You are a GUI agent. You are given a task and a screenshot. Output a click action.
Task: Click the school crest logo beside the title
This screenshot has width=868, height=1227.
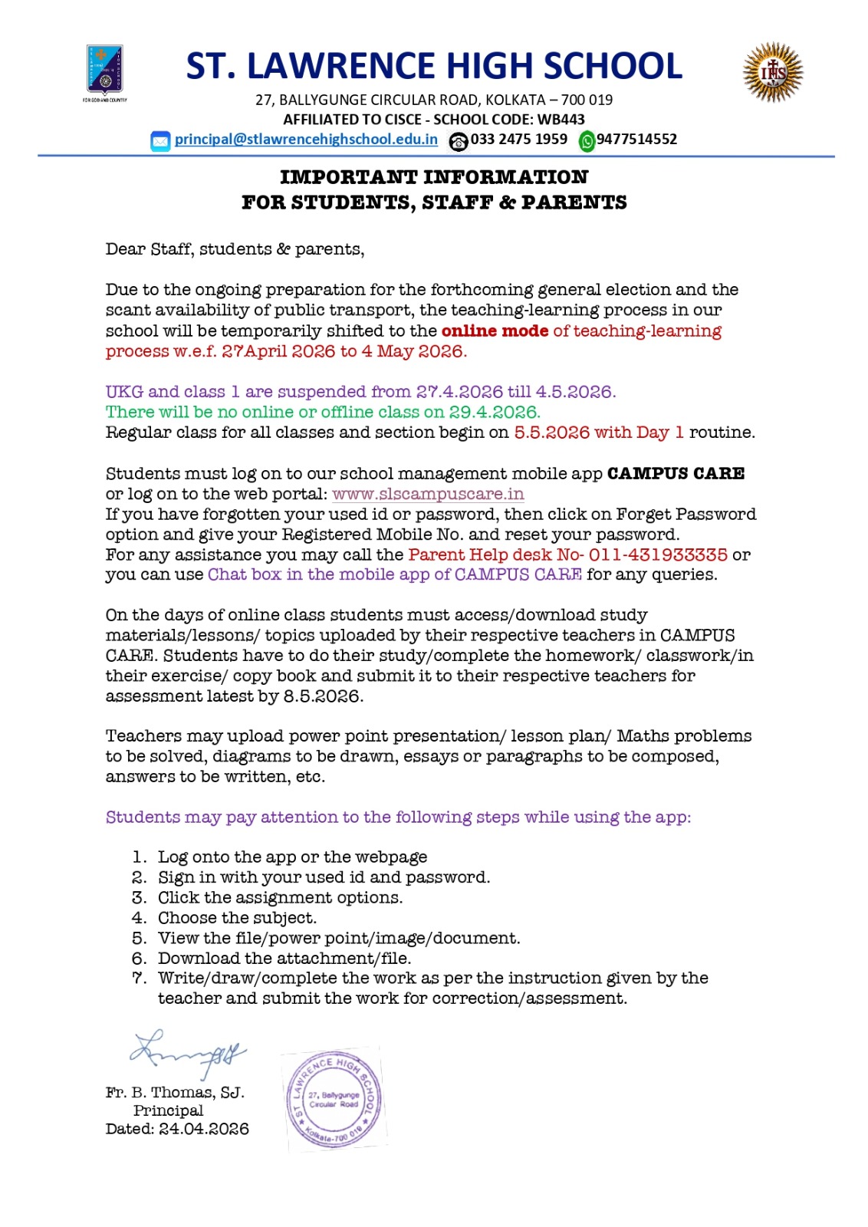(x=105, y=71)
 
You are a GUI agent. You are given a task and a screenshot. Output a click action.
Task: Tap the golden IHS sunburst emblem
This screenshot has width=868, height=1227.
(x=773, y=73)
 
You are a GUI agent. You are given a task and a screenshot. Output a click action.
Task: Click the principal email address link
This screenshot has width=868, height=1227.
(x=306, y=140)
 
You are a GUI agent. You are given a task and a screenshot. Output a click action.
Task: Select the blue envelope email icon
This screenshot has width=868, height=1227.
(x=160, y=141)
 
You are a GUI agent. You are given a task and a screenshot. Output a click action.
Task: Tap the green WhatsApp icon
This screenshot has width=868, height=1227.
(x=587, y=141)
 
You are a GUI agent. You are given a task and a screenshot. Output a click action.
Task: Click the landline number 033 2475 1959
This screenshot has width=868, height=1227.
(x=518, y=140)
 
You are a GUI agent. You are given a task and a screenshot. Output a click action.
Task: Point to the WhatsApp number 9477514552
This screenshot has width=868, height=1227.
(x=636, y=140)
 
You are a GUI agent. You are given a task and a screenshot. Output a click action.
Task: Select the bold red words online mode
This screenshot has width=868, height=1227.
(x=495, y=331)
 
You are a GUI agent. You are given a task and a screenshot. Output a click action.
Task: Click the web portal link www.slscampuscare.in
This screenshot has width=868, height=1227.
(x=428, y=495)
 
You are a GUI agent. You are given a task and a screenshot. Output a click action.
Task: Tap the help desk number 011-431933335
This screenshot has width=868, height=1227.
(x=658, y=555)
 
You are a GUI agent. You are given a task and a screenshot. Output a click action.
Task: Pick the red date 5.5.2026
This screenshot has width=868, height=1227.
(x=551, y=433)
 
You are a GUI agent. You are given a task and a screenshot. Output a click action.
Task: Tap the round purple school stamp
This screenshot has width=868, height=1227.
(x=334, y=1098)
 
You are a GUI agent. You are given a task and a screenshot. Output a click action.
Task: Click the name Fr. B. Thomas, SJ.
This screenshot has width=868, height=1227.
(x=175, y=1093)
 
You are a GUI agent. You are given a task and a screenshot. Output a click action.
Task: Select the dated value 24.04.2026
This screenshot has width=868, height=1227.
(x=204, y=1130)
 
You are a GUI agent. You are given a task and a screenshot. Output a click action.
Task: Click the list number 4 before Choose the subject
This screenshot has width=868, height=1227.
(x=139, y=918)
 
